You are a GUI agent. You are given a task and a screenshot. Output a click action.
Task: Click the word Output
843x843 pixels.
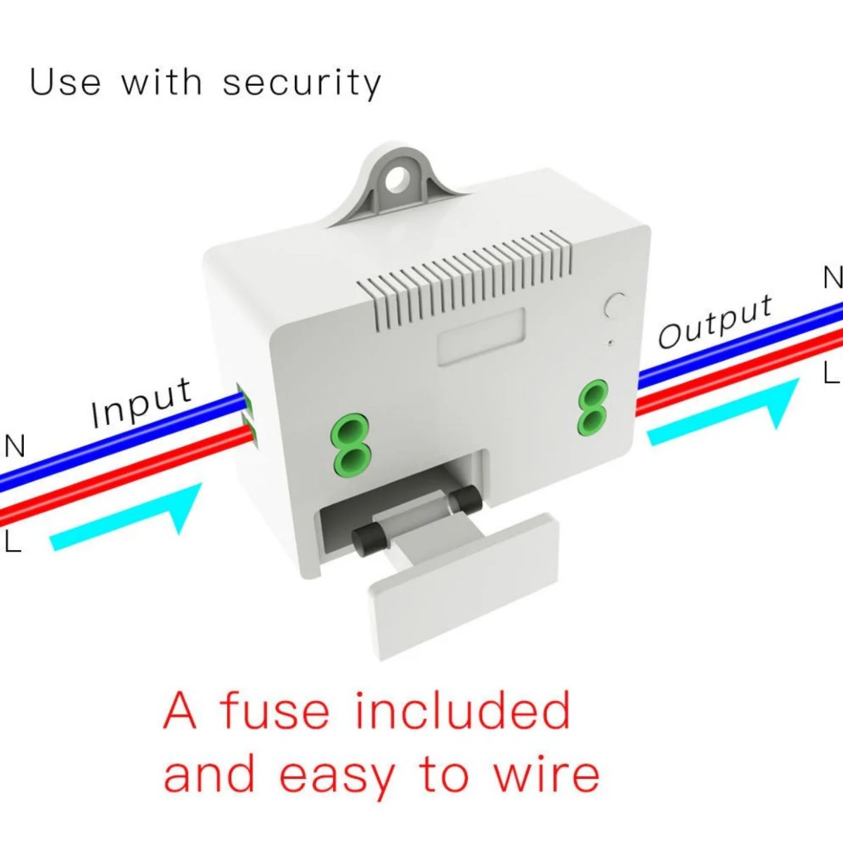715,322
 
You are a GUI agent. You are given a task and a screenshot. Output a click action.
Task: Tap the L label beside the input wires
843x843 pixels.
13,542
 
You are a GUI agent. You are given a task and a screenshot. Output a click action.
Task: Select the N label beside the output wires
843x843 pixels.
832,279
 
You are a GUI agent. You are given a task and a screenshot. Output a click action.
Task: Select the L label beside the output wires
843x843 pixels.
831,373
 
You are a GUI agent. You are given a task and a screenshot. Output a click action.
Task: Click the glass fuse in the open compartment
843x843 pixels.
414,523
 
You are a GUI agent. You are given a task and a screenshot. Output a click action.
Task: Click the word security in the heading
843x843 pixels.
302,83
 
